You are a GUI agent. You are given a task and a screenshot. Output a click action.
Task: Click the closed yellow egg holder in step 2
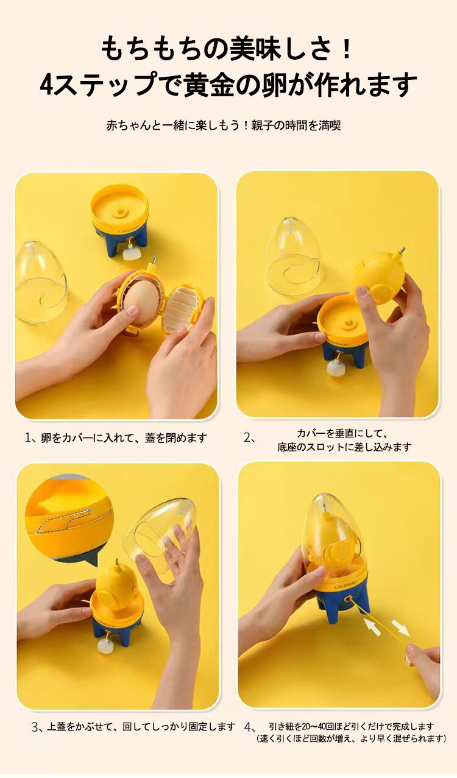[x=379, y=278]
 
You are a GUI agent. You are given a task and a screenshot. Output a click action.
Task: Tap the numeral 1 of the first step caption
[x=28, y=437]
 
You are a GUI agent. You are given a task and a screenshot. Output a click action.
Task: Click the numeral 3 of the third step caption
[x=35, y=727]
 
